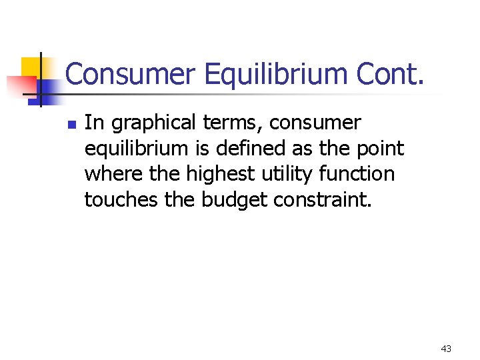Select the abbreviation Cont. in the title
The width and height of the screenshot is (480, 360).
tap(393, 74)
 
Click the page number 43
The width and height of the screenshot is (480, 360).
tap(446, 349)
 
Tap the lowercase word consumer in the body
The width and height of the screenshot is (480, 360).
tap(319, 123)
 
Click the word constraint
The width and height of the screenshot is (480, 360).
tap(318, 199)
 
